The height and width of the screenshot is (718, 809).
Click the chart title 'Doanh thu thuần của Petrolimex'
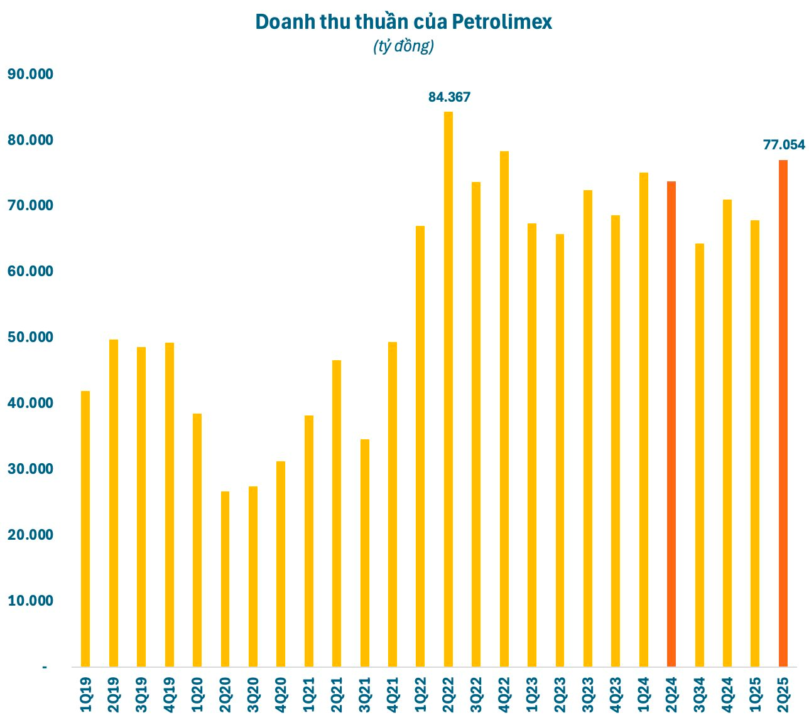pyautogui.click(x=403, y=22)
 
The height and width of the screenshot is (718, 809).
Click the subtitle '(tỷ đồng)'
pyautogui.click(x=403, y=46)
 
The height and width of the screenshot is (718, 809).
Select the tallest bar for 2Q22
pyautogui.click(x=448, y=389)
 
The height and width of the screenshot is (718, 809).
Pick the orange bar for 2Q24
pyautogui.click(x=671, y=424)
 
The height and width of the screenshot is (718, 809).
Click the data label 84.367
pyautogui.click(x=449, y=97)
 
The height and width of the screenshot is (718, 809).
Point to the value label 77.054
pyautogui.click(x=783, y=145)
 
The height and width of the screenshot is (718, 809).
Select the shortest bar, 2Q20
pyautogui.click(x=225, y=579)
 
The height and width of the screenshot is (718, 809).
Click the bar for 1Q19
pyautogui.click(x=85, y=528)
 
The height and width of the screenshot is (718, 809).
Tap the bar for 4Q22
pyautogui.click(x=504, y=409)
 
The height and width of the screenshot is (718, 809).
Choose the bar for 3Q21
pyautogui.click(x=364, y=552)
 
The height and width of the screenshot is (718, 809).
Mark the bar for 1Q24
pyautogui.click(x=643, y=419)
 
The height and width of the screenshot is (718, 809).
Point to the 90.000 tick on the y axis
pyautogui.click(x=30, y=74)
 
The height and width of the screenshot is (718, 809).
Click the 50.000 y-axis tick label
pyautogui.click(x=30, y=337)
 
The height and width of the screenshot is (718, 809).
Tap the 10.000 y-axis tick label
pyautogui.click(x=30, y=601)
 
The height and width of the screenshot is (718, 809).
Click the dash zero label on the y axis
pyautogui.click(x=45, y=667)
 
